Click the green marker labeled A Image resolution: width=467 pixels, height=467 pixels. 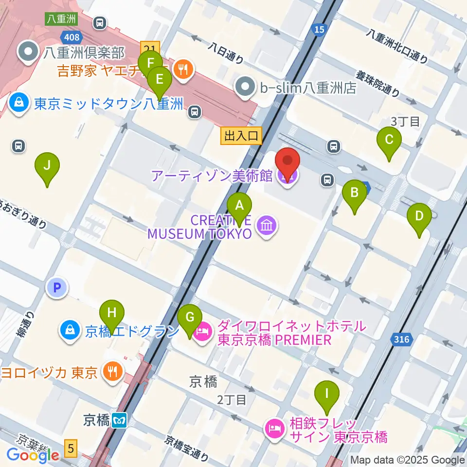pos(239,206)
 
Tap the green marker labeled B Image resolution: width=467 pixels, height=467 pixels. pos(355,193)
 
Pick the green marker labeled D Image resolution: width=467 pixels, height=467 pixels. pos(419,215)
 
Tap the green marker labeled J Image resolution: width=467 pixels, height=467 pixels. pos(47,166)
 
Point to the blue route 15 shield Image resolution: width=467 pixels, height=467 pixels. pos(319,31)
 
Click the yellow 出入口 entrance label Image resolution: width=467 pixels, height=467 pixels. pos(241,136)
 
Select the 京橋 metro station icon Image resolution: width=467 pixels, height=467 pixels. pos(119,420)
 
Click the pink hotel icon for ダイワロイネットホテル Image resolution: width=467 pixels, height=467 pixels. pos(202,333)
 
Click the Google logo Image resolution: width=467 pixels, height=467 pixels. pos(33,455)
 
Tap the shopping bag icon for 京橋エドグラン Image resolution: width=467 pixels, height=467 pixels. pos(71,331)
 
